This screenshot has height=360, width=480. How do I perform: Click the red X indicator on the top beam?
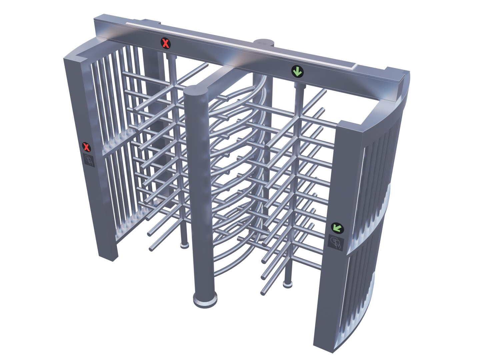166,43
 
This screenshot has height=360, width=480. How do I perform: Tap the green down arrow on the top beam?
297,71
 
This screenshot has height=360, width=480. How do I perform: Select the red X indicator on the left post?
87,147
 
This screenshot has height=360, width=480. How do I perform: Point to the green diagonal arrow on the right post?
337,228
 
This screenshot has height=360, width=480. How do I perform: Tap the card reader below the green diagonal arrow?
336,243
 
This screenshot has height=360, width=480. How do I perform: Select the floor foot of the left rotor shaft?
184,245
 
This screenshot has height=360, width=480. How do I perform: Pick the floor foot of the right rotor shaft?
287,284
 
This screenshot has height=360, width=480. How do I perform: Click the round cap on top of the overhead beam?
263,42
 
